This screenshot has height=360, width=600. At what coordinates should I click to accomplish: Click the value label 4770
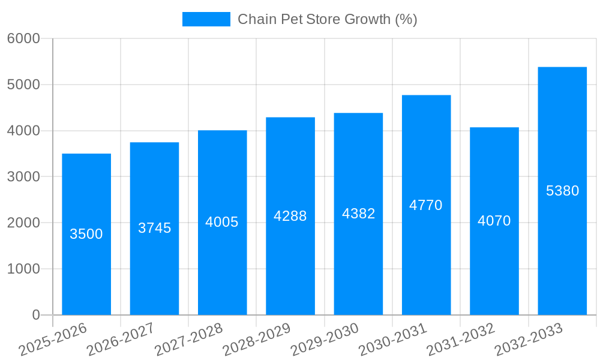click(x=426, y=205)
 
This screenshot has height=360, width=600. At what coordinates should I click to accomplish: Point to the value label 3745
click(x=155, y=228)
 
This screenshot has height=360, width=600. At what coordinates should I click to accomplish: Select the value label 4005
click(x=222, y=222)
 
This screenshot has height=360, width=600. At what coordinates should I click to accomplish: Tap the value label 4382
click(x=358, y=214)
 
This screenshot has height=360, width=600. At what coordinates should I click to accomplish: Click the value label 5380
click(x=562, y=191)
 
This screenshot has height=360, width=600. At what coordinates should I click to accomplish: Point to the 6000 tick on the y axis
click(x=23, y=38)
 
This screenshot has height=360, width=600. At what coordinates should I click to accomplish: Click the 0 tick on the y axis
click(x=35, y=315)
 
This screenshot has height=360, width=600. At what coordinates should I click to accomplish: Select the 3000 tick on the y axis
click(x=23, y=177)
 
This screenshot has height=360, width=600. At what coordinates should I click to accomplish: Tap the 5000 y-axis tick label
click(x=23, y=85)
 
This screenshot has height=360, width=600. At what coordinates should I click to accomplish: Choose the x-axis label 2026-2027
click(x=121, y=340)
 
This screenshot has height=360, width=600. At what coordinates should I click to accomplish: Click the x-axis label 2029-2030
click(x=325, y=340)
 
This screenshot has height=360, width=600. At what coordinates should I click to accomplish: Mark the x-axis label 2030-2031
click(x=393, y=340)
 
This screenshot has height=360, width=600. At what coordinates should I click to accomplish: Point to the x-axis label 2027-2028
click(x=188, y=340)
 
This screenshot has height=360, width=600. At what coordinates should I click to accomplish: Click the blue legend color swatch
click(x=206, y=19)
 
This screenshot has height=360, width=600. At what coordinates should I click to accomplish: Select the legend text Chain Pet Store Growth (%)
click(x=327, y=19)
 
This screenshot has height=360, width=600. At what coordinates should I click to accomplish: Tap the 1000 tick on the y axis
click(x=23, y=269)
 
